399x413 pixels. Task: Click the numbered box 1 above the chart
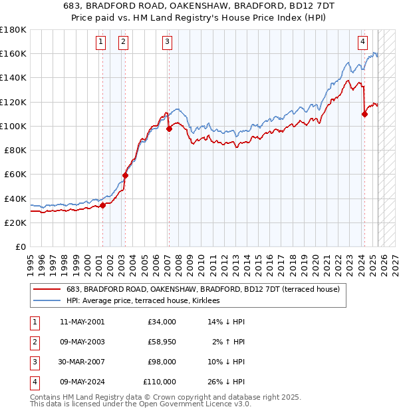coord(100,42)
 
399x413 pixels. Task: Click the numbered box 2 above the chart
coord(124,42)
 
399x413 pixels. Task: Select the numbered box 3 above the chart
coord(167,42)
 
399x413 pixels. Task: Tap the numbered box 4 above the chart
coord(362,42)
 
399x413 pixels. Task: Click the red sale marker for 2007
coord(169,129)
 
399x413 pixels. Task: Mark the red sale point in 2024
coord(364,115)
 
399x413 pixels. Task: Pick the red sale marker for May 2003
coord(125,176)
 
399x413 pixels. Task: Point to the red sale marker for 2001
coord(103,206)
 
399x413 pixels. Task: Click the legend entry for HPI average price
coord(148,300)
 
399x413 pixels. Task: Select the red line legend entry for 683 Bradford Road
coord(203,289)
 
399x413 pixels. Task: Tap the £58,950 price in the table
coord(162,342)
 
